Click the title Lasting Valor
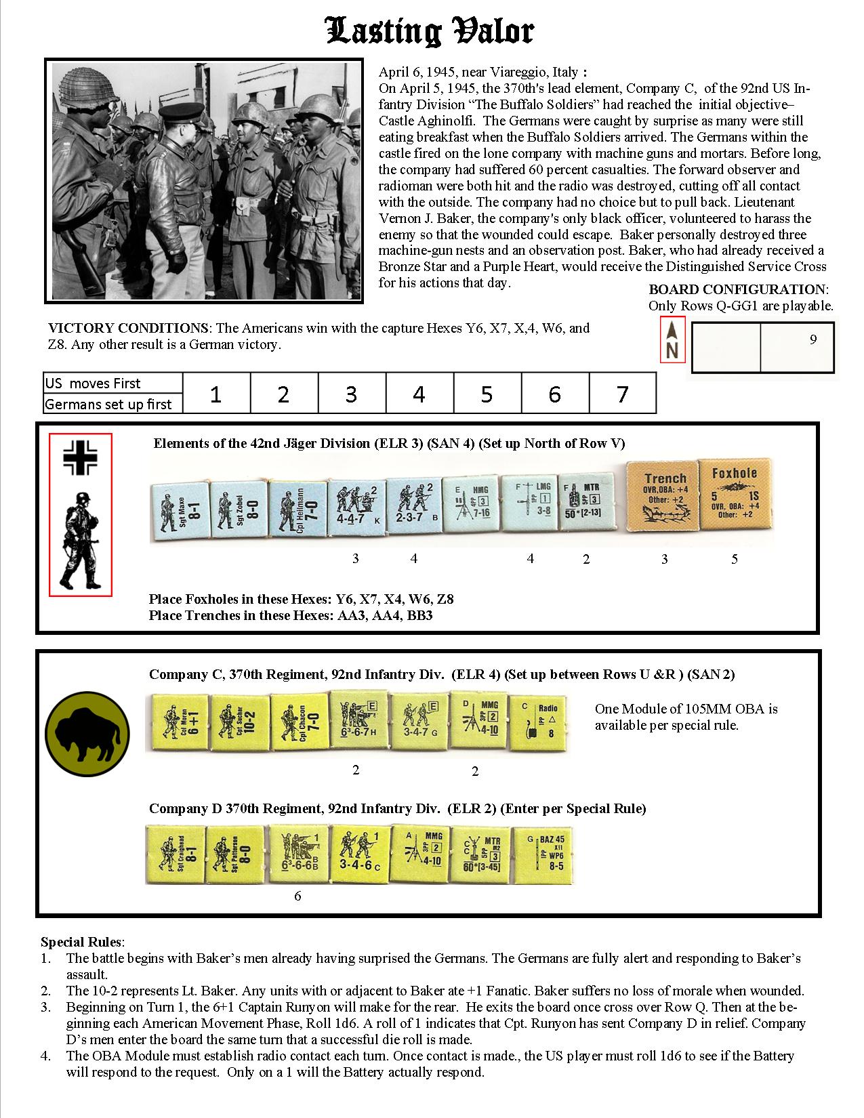coord(431,31)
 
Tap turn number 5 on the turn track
coord(487,394)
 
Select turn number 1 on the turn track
coord(215,394)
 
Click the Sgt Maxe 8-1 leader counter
coord(178,510)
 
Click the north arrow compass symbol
coord(672,340)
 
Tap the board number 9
coord(813,340)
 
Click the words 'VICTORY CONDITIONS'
coord(128,328)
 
